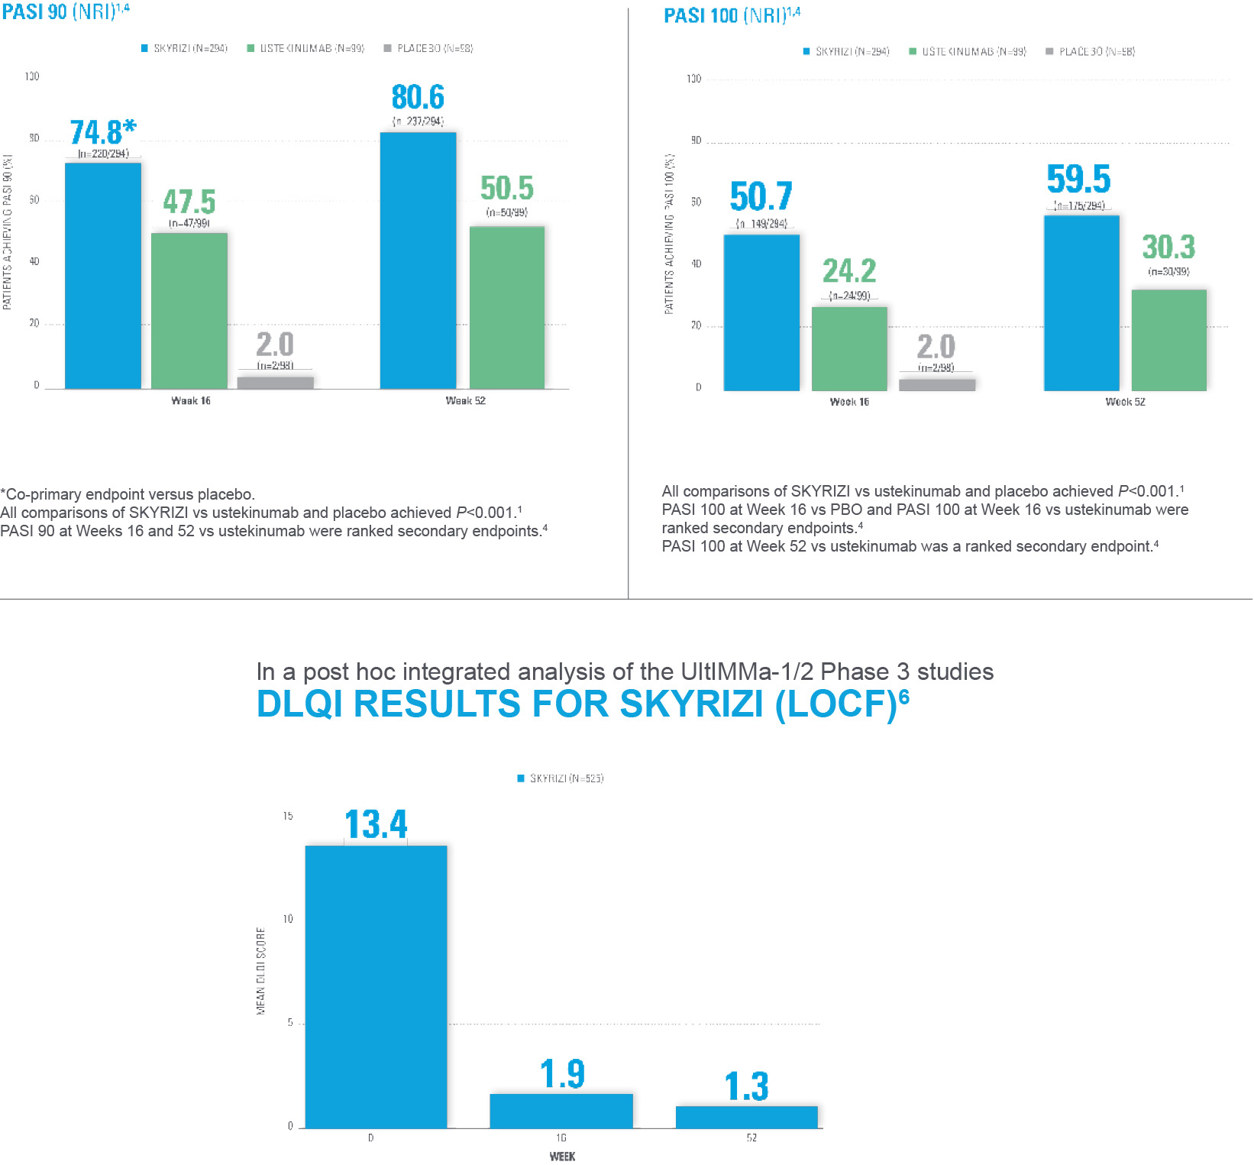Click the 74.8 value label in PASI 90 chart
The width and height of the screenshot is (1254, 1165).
click(102, 132)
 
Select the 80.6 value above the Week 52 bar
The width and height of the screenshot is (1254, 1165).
click(418, 98)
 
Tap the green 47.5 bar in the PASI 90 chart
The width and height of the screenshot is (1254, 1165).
click(189, 310)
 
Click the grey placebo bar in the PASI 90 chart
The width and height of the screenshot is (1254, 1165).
click(275, 382)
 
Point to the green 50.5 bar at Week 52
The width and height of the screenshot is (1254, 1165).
click(507, 307)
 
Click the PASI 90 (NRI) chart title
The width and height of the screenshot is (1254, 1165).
click(66, 11)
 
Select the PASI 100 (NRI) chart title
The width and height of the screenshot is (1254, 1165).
click(732, 15)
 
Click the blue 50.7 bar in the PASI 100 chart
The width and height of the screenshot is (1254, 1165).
click(761, 312)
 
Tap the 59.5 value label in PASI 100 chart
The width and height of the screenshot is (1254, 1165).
click(1078, 180)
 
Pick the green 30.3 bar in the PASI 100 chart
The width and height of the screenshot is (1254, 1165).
click(1168, 340)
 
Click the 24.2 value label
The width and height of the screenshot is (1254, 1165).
click(849, 270)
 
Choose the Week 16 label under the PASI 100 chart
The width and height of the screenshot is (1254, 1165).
click(849, 402)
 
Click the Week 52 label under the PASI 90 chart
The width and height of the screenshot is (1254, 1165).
click(465, 400)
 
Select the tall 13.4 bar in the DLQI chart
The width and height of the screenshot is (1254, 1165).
click(376, 986)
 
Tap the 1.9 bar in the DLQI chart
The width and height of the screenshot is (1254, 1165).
click(561, 1111)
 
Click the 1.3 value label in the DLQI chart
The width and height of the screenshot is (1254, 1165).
click(746, 1086)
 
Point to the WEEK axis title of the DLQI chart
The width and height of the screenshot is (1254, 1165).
click(562, 1156)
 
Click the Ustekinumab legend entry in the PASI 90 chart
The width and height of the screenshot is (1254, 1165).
click(305, 48)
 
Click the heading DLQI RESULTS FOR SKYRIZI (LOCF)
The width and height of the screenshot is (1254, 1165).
click(582, 703)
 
